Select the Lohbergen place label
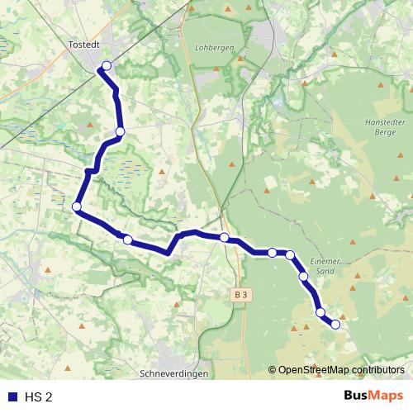(x=215, y=48)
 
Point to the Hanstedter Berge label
(x=383, y=126)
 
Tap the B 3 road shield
(x=240, y=293)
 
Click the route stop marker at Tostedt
(x=106, y=65)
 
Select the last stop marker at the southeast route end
(x=335, y=325)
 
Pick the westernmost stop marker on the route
(x=76, y=206)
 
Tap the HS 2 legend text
(x=38, y=396)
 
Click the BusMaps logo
(x=373, y=396)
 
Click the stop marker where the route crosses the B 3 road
(x=224, y=238)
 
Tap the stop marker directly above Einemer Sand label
(x=290, y=254)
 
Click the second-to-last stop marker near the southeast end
(x=320, y=312)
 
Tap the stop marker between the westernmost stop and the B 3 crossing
(x=127, y=240)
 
